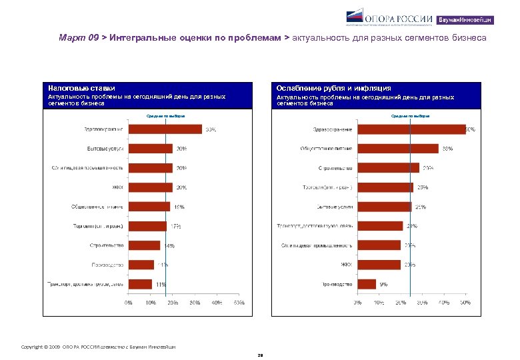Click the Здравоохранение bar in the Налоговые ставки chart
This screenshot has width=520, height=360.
click(165, 129)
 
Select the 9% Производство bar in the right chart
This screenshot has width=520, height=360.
click(367, 284)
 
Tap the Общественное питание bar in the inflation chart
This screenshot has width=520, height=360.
click(398, 149)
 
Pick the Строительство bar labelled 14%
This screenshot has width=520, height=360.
click(145, 245)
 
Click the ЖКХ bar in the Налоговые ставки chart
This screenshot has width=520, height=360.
click(151, 187)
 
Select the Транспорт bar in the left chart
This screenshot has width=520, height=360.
click(141, 284)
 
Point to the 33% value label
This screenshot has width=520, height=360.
click(210, 129)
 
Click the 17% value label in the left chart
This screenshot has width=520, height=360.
click(176, 226)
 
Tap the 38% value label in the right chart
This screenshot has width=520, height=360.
click(448, 149)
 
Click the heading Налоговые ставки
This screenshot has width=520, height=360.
click(81, 88)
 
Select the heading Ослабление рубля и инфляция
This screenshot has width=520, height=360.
click(334, 88)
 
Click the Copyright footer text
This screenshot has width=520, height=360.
click(100, 346)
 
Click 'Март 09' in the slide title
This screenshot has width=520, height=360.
click(78, 38)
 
